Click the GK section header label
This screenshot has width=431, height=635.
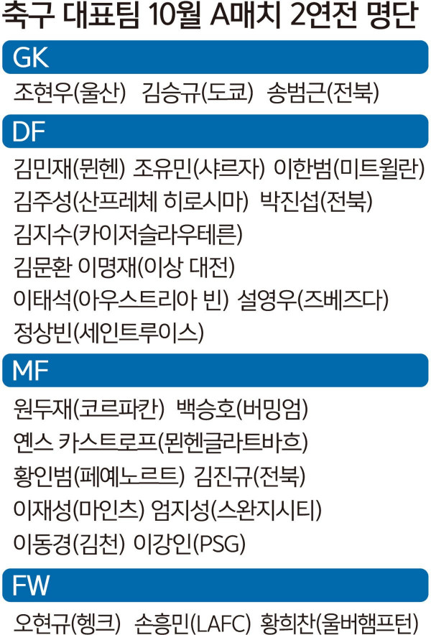31,57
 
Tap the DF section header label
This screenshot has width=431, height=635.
28,131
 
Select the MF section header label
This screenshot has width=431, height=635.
30,370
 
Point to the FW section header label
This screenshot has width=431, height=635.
31,585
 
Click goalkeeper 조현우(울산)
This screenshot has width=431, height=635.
70,93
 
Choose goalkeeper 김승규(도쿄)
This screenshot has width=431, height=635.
198,93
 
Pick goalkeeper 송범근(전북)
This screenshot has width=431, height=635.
323,93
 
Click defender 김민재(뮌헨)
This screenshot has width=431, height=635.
69,168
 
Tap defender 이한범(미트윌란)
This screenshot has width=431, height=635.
349,168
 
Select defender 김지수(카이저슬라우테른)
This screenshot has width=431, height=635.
128,234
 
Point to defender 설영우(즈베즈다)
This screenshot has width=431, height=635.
313,300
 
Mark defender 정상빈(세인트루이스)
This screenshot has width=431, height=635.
108,333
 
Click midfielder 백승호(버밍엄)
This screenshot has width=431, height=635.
242,409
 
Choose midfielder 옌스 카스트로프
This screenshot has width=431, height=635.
85,442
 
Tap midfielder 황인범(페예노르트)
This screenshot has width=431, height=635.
99,476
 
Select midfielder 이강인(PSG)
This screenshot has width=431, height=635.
190,543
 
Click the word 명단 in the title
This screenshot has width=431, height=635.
391,15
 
